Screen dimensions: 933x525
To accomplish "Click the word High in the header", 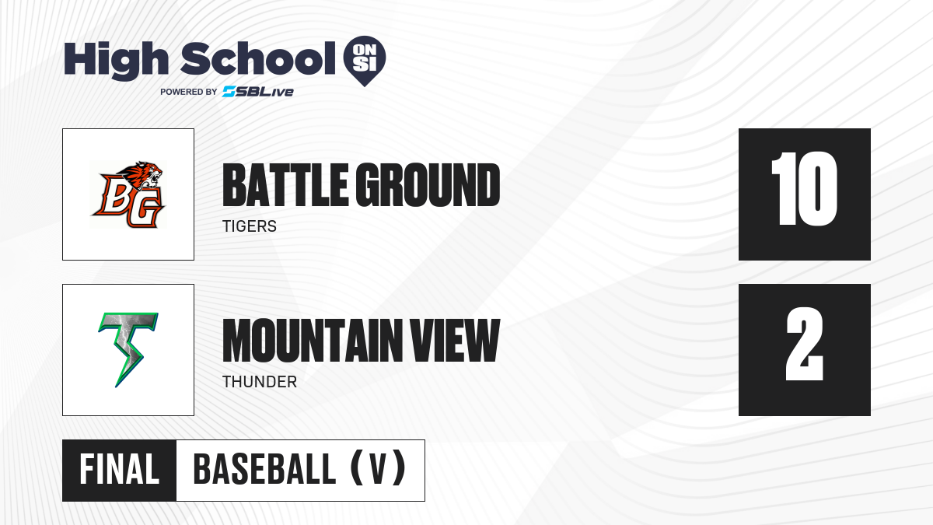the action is [116, 61].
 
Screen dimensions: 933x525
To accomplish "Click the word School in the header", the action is [258, 58].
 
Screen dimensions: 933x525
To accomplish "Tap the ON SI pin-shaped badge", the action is [365, 61].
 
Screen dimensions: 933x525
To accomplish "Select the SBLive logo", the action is [258, 92].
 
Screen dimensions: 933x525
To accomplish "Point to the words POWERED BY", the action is [189, 92].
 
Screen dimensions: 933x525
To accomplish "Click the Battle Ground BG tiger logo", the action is [128, 194].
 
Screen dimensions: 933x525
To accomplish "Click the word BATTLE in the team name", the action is [285, 185].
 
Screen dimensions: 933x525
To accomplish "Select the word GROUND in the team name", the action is [428, 185].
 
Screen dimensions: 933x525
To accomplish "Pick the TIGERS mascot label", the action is [250, 226].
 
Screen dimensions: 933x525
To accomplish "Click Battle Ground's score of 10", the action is [804, 189].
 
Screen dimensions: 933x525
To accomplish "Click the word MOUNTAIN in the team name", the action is [313, 341].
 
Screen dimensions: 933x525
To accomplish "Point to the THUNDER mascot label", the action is [260, 382].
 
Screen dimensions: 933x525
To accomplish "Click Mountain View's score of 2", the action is [804, 344].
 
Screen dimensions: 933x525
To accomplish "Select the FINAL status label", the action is [120, 470].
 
